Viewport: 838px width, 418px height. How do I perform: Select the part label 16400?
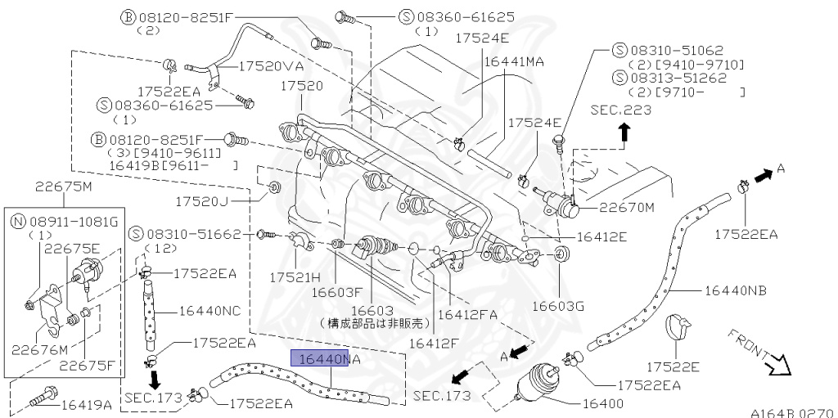[x=605, y=402]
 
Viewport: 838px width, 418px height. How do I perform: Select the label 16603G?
[x=557, y=306]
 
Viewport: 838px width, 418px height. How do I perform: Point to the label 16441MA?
[x=515, y=61]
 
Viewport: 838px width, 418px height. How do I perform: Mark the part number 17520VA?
[x=273, y=66]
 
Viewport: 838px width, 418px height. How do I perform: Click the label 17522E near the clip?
[x=672, y=367]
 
